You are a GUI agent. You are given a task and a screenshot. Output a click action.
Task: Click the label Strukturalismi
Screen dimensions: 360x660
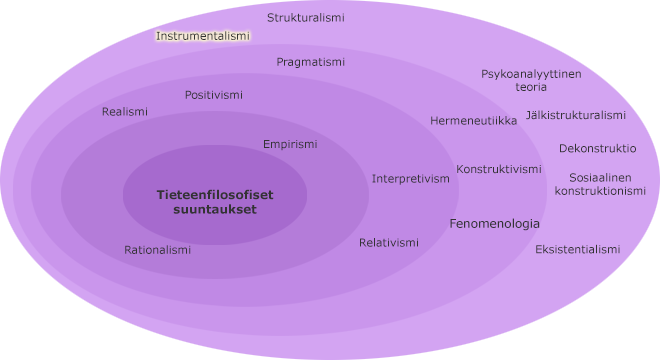pos(305,18)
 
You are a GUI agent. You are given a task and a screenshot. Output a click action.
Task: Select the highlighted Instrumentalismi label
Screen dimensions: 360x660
pos(203,36)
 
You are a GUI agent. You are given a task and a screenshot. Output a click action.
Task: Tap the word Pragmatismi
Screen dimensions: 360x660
pos(310,62)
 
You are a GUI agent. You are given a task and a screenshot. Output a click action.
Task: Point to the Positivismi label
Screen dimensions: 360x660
pos(213,95)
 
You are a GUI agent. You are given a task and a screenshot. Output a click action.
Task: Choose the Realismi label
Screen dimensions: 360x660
pos(125,112)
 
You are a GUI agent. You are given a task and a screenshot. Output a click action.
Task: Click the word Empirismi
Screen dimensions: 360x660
pos(290,144)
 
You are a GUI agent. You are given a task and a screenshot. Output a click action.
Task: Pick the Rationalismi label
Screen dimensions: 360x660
pos(157,250)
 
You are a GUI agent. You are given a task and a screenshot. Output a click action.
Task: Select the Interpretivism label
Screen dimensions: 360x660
pos(410,179)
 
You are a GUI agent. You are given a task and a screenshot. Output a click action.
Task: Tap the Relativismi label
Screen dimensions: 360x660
pos(389,243)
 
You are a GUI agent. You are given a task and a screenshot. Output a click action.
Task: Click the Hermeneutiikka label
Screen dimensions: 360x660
pos(473,121)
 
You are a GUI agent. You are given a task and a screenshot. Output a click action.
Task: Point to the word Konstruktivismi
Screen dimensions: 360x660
pos(499,169)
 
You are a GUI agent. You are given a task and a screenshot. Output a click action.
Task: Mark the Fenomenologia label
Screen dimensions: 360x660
pos(494,224)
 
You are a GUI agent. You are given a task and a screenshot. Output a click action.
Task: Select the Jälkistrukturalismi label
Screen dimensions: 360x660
pos(575,115)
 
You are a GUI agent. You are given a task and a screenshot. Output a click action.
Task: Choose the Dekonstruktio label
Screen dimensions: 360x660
pos(597,148)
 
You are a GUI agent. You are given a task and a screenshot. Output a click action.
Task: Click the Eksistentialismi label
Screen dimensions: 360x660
pos(577,249)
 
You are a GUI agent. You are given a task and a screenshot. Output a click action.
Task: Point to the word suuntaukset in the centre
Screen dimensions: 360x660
pos(214,210)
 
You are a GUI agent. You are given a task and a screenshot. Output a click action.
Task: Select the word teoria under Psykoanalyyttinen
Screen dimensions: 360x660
pos(531,87)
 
